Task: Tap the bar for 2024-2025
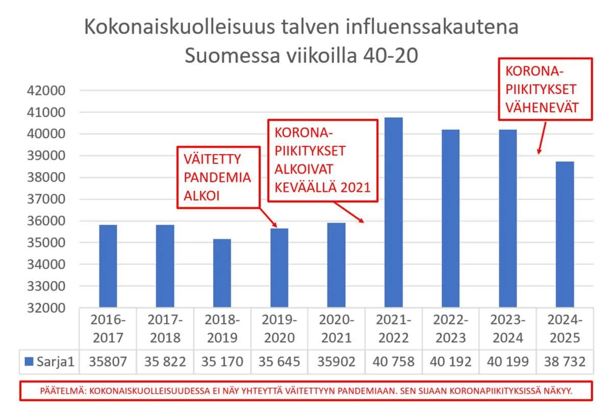[565, 234]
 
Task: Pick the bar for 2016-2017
[108, 266]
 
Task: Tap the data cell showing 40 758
[394, 362]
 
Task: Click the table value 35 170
[222, 362]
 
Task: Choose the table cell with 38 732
[565, 362]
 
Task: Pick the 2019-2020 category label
[279, 329]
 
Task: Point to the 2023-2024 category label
[508, 329]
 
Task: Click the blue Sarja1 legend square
[29, 362]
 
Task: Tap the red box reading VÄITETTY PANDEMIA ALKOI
[218, 178]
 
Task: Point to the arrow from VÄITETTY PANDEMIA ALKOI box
[267, 217]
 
